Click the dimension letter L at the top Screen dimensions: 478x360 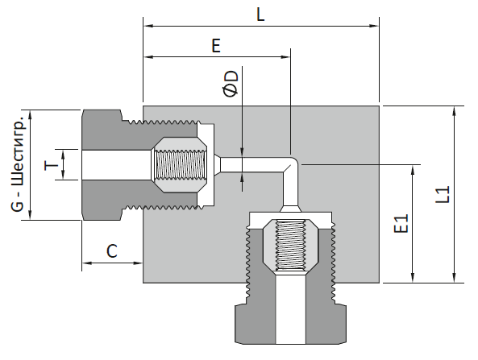(x=260, y=14)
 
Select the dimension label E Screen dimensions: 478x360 (x=216, y=46)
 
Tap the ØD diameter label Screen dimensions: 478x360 (x=231, y=84)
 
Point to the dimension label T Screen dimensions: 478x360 (x=52, y=165)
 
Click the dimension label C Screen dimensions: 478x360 (x=112, y=251)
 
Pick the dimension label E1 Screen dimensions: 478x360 (x=401, y=224)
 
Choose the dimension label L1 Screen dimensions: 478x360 (x=443, y=194)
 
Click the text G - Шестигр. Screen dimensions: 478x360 (x=19, y=163)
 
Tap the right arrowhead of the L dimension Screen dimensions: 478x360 (x=374, y=26)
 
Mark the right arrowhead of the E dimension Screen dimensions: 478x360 (x=285, y=56)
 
